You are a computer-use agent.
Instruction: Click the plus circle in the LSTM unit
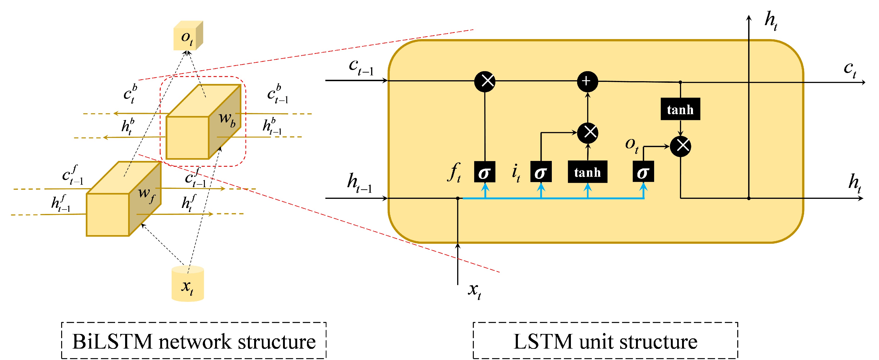point(587,81)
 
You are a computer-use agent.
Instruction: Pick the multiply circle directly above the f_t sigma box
point(485,81)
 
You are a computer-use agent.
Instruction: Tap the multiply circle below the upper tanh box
point(680,146)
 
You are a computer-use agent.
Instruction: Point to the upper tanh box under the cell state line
point(680,109)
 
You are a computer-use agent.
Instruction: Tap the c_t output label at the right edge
point(850,69)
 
